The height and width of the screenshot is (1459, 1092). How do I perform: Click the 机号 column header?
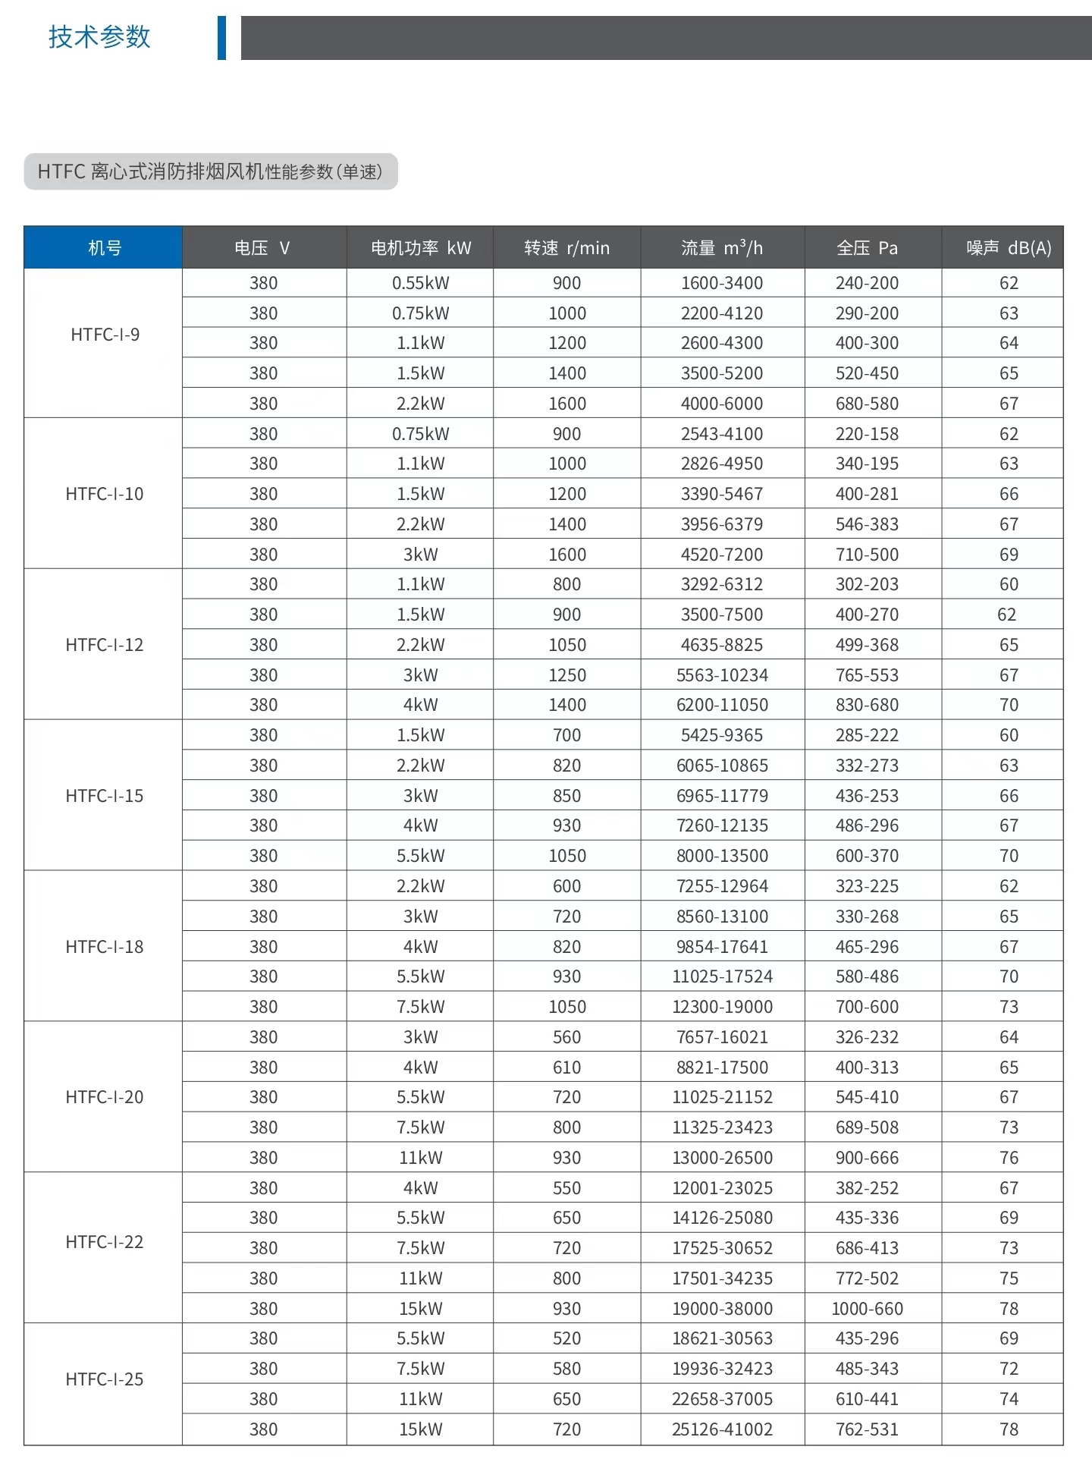[x=104, y=247]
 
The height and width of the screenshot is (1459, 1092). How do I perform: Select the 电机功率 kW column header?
[x=420, y=247]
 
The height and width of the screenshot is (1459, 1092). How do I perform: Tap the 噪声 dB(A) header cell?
[x=1008, y=247]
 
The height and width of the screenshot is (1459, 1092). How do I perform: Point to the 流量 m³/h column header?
[x=721, y=247]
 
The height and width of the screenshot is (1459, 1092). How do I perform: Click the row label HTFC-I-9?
[x=105, y=335]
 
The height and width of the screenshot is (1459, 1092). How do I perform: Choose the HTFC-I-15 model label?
[x=105, y=795]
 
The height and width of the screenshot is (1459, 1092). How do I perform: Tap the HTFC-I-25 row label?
[x=105, y=1379]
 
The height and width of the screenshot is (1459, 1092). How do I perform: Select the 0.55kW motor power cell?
[x=420, y=283]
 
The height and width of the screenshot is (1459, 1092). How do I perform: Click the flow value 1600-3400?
[x=721, y=283]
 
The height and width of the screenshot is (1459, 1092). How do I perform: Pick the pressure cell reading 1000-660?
[x=867, y=1308]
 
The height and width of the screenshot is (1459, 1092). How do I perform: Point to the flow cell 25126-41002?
[x=721, y=1429]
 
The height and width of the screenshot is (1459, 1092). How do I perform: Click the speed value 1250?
[x=566, y=674]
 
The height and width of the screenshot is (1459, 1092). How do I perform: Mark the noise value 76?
[x=1008, y=1157]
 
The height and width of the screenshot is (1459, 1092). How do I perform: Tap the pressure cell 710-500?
[x=867, y=554]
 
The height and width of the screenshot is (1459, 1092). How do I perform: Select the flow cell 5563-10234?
[x=721, y=674]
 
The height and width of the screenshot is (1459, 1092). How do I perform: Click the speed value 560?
[x=566, y=1036]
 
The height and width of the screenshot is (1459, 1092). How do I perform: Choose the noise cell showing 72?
[x=1008, y=1368]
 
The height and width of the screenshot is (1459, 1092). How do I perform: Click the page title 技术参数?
[x=99, y=36]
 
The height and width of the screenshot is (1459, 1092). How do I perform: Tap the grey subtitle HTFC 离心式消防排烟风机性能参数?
[x=210, y=171]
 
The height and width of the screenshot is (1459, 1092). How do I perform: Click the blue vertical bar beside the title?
[x=221, y=37]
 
